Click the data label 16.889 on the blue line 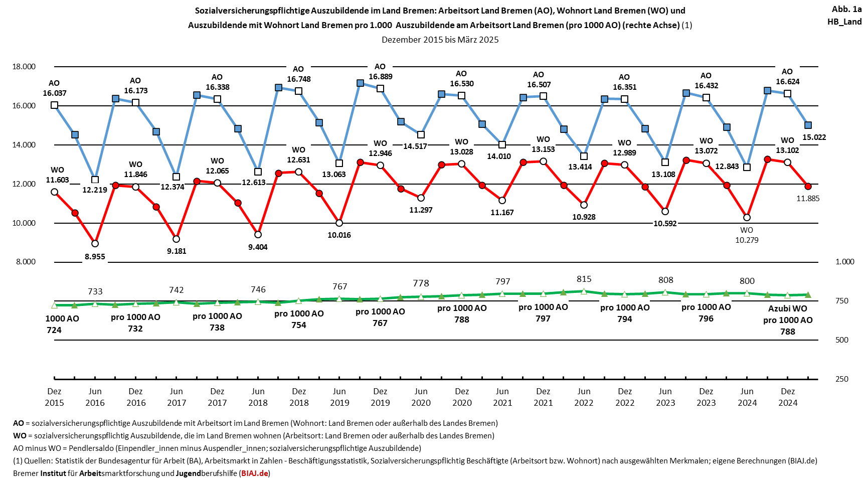point(380,77)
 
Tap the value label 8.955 point(95,256)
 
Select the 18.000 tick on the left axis point(24,67)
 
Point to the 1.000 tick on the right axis point(845,262)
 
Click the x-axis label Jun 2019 point(339,397)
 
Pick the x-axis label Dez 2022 point(625,397)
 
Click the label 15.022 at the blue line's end point(814,137)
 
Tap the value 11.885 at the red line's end point(808,199)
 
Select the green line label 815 point(584,279)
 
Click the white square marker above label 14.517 point(421,135)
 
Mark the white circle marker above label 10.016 point(339,223)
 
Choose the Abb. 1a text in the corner point(846,9)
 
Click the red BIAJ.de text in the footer point(255,473)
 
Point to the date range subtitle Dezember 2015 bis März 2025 point(440,40)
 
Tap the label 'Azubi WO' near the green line point(788,308)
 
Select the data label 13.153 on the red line point(543,149)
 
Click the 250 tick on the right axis point(842,379)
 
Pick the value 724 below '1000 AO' point(54,330)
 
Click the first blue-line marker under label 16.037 point(54,105)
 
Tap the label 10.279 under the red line point(747,240)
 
